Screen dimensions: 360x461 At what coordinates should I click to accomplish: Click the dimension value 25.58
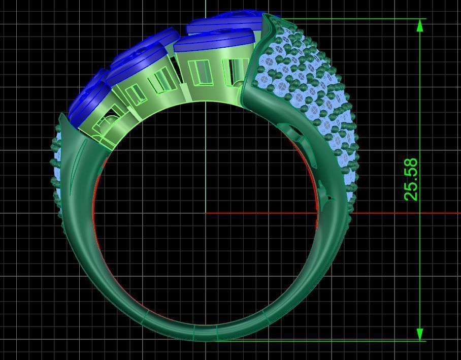pyautogui.click(x=411, y=179)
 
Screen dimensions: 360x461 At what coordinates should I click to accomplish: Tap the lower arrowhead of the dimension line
pyautogui.click(x=420, y=334)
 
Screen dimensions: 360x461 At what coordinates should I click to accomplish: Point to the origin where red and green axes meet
pyautogui.click(x=206, y=213)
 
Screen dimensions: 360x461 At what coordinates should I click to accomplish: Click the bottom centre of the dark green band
pyautogui.click(x=206, y=333)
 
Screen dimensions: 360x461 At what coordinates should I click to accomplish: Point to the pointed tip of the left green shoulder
pyautogui.click(x=61, y=115)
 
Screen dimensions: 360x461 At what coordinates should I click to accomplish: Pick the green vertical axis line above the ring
pyautogui.click(x=206, y=8)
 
